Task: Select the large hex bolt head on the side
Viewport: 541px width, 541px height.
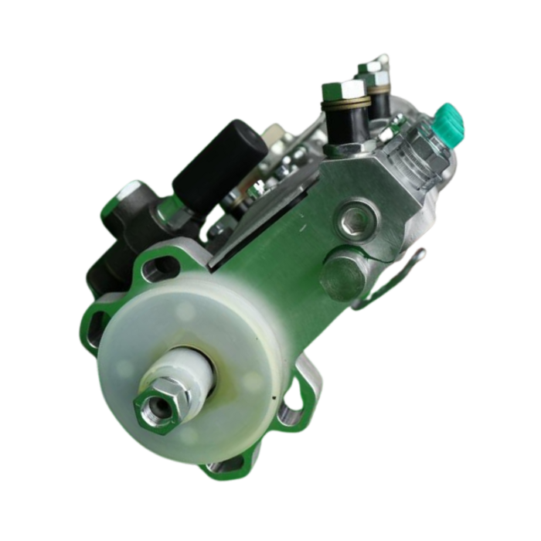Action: point(343,274)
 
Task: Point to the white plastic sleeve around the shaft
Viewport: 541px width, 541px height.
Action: point(189,371)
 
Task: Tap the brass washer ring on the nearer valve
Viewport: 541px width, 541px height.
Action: point(345,104)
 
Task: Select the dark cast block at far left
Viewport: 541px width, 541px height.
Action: point(116,247)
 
